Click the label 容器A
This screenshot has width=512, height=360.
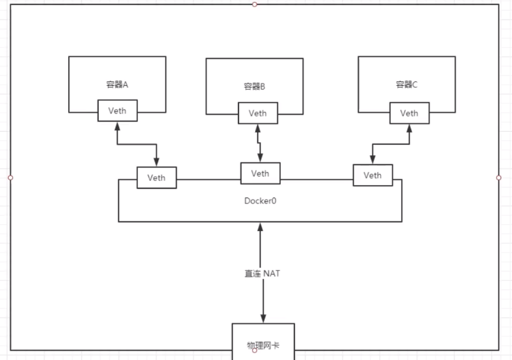[x=117, y=85]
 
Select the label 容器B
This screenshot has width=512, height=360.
[x=254, y=87]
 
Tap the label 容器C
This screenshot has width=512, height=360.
[x=406, y=85]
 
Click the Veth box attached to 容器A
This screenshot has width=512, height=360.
[x=117, y=111]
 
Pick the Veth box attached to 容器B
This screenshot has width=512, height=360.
[x=258, y=113]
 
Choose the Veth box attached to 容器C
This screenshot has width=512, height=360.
[x=409, y=113]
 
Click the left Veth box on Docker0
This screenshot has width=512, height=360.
[x=156, y=178]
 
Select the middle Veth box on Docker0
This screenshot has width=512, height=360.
[x=260, y=173]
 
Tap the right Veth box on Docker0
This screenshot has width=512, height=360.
[x=372, y=175]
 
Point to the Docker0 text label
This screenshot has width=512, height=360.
[x=260, y=201]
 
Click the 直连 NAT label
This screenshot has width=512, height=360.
[x=262, y=274]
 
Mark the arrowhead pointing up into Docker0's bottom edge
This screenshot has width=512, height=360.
[x=262, y=226]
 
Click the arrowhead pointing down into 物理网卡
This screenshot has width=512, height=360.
[x=263, y=318]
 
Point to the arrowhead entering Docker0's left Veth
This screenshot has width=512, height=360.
[x=157, y=163]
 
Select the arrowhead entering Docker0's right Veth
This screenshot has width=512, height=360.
[x=372, y=160]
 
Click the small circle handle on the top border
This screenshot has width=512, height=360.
[x=254, y=4]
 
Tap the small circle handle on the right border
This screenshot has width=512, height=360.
[x=499, y=177]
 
